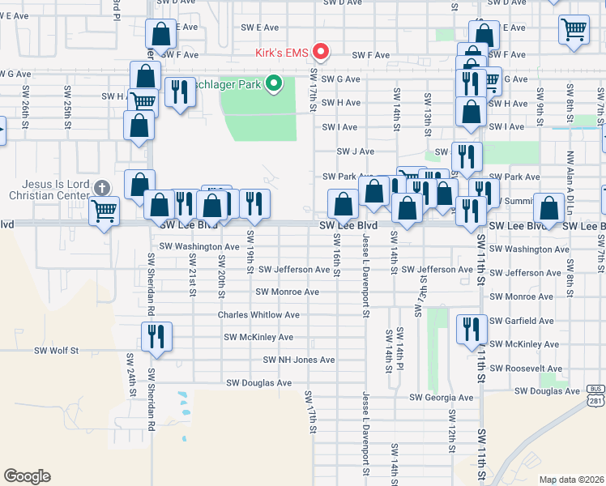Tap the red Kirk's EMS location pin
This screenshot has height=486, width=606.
pos(322,53)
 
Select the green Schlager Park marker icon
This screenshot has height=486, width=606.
pos(274,82)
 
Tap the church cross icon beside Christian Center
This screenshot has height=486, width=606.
pos(100,188)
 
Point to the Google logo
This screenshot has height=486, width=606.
pos(27,476)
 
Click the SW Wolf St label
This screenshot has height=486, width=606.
pos(56,351)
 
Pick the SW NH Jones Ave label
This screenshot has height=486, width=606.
pos(298,360)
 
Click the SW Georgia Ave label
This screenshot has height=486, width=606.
pos(441,398)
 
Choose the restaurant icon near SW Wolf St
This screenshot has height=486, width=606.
pos(156,336)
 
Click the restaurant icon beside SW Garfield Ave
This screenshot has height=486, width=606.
pos(472,329)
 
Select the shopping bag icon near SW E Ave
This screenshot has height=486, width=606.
pos(161,35)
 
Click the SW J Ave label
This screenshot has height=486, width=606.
pos(356,151)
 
